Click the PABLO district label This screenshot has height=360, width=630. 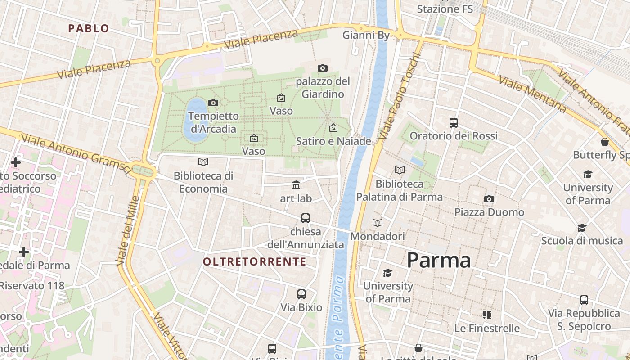pyautogui.click(x=89, y=28)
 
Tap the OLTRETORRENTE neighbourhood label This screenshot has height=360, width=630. pyautogui.click(x=254, y=261)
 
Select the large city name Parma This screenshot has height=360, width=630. pyautogui.click(x=439, y=261)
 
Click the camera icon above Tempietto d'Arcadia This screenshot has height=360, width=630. pyautogui.click(x=213, y=103)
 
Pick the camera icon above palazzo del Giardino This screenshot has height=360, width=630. pyautogui.click(x=322, y=68)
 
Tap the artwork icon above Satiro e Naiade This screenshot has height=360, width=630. pyautogui.click(x=333, y=128)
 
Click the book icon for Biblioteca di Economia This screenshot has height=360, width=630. pyautogui.click(x=203, y=162)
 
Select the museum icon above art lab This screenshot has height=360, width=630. pyautogui.click(x=296, y=185)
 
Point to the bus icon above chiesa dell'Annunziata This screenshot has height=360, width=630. pyautogui.click(x=306, y=218)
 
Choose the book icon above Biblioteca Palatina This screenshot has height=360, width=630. pyautogui.click(x=399, y=170)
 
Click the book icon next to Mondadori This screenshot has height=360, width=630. pyautogui.click(x=378, y=223)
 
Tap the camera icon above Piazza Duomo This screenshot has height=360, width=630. pyautogui.click(x=489, y=199)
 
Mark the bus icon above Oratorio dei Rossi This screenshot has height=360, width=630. pyautogui.click(x=454, y=122)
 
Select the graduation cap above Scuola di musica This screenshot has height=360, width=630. pyautogui.click(x=582, y=228)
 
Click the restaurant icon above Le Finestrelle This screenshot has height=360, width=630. pyautogui.click(x=486, y=315)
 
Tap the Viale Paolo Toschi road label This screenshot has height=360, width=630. pyautogui.click(x=400, y=97)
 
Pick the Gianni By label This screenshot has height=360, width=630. pyautogui.click(x=366, y=35)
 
